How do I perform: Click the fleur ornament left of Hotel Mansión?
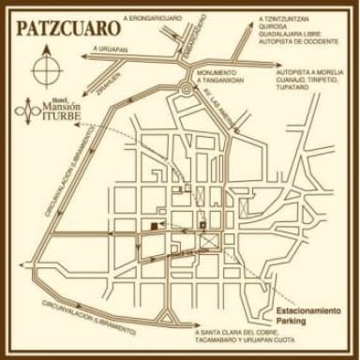[23, 112]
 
